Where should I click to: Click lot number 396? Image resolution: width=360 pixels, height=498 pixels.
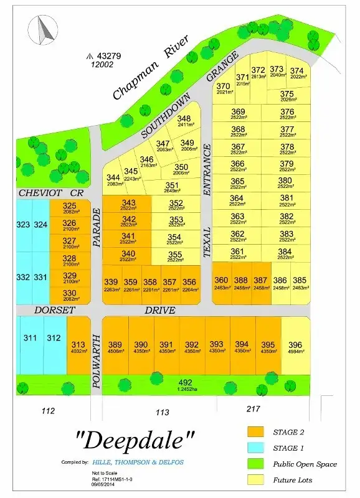[296, 347]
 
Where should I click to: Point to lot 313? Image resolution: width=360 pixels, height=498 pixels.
[78, 347]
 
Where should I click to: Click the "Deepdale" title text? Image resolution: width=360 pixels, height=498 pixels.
[135, 440]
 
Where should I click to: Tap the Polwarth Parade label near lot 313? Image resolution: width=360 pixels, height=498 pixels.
[97, 361]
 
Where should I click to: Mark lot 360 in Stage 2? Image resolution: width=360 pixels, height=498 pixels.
[222, 283]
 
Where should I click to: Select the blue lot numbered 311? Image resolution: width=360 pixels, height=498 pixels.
[30, 339]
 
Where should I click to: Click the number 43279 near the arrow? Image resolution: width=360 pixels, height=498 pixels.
[107, 56]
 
